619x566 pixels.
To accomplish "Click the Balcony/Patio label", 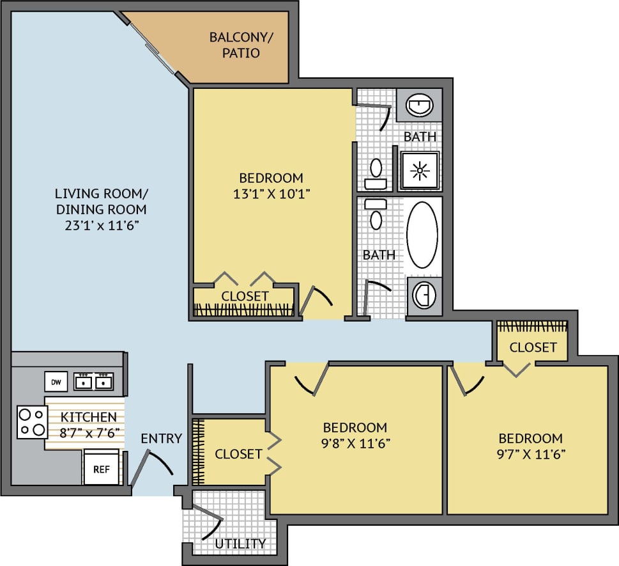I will [241, 45].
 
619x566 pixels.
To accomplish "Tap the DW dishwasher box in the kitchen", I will [56, 382].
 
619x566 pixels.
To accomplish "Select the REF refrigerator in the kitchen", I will [101, 469].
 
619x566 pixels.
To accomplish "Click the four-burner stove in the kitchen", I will [32, 422].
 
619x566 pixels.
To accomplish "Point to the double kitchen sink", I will [93, 382].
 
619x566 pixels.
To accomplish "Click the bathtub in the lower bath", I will [422, 235].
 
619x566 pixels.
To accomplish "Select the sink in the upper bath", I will [419, 105].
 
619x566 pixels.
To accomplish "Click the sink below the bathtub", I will [422, 295].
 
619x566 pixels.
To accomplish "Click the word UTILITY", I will [240, 544].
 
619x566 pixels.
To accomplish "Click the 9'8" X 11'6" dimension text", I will [355, 443].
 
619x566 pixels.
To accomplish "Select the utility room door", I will [208, 521].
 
